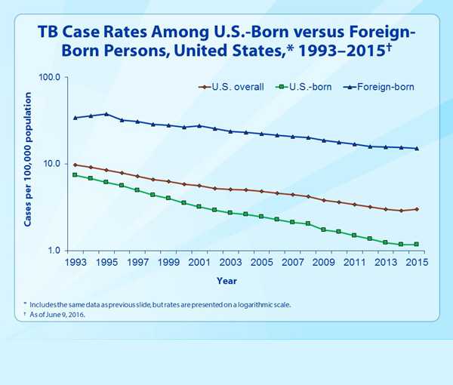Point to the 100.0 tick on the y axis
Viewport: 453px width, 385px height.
point(59,78)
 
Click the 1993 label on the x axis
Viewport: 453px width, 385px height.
point(75,263)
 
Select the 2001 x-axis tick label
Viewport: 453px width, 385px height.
point(199,263)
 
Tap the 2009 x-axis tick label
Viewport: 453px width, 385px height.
point(323,263)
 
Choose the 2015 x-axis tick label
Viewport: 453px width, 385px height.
point(417,263)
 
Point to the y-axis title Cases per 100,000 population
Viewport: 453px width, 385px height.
point(29,160)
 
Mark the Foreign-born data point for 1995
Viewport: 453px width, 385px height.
point(106,114)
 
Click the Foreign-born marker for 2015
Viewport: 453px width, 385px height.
point(417,149)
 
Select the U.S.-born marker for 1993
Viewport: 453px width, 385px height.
point(75,174)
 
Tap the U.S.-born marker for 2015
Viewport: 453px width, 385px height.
point(417,245)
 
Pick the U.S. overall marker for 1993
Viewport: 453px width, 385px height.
point(75,165)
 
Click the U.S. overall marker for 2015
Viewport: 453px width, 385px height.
point(417,209)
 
